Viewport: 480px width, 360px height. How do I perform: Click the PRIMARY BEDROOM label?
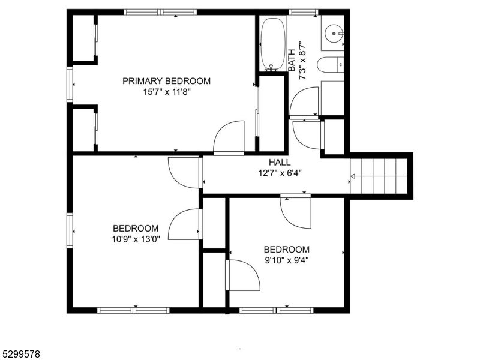(166, 81)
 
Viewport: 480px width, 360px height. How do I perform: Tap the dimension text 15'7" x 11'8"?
(166, 92)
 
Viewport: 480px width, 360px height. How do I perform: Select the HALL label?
(280, 162)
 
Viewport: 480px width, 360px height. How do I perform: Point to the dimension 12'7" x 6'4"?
(280, 173)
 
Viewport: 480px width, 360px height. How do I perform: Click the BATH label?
(292, 61)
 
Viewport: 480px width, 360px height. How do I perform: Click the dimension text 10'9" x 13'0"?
(136, 239)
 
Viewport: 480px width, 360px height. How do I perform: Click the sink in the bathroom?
(332, 35)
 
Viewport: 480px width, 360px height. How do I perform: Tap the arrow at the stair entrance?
(353, 176)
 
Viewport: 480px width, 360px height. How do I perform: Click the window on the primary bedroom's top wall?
(161, 11)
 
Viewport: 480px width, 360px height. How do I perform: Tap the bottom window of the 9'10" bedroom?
(277, 310)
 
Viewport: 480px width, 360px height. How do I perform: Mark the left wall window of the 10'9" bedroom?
(70, 231)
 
